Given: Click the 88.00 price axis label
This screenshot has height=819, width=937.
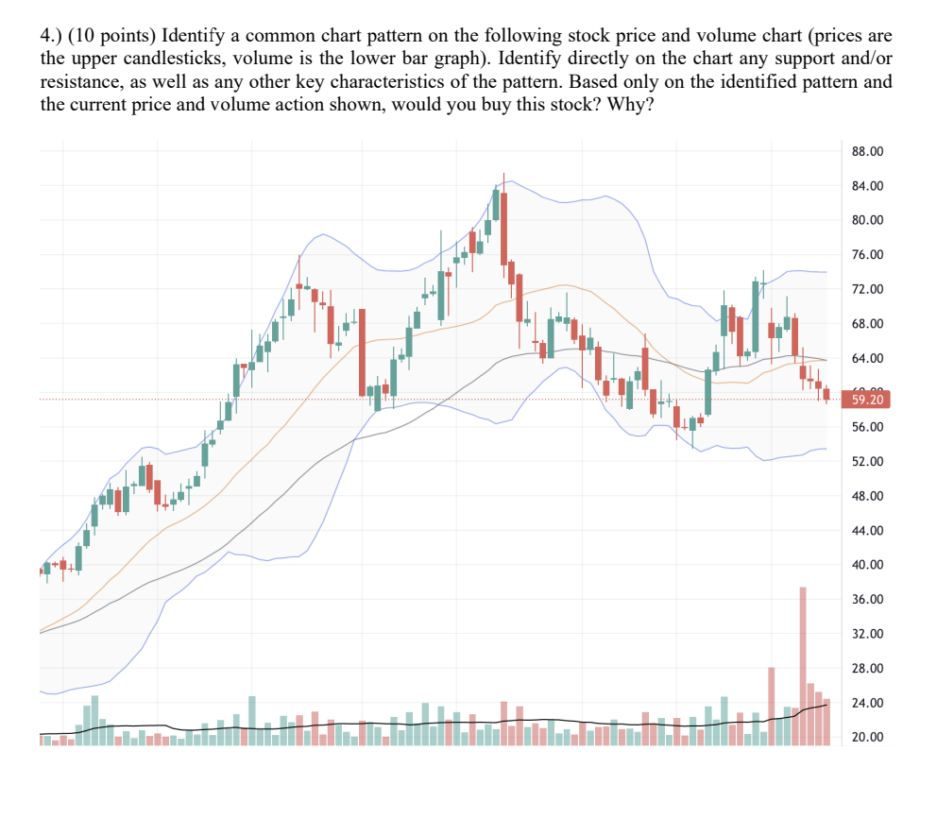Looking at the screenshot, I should coord(866,151).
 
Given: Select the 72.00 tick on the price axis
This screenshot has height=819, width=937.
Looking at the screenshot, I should coord(866,289).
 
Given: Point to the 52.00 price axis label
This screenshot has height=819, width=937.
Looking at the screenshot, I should coord(866,462).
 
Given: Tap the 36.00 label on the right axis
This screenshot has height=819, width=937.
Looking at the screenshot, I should coord(866,600).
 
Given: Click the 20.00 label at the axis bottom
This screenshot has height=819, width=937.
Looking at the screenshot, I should coord(866,738).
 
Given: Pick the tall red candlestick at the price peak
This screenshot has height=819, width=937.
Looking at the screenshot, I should coord(504,227).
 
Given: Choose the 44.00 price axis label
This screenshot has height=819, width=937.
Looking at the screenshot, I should coord(866,531).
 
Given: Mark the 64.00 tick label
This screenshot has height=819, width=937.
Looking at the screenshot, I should coord(866,359).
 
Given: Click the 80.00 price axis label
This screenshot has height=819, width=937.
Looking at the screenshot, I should coord(866,220).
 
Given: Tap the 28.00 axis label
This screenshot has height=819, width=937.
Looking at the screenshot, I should coord(866,669).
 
